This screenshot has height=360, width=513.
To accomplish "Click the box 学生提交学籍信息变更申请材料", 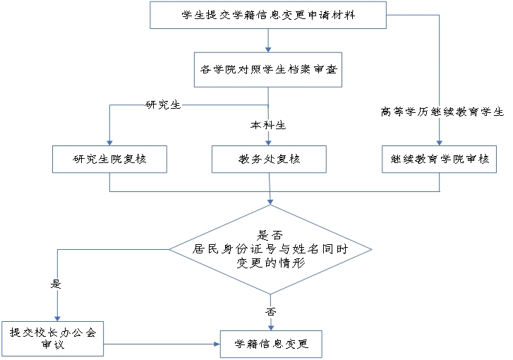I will (269, 15).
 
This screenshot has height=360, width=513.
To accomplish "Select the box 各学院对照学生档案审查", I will (269, 70).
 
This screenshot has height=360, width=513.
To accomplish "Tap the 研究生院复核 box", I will (109, 159).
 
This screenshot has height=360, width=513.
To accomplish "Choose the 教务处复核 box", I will (269, 159).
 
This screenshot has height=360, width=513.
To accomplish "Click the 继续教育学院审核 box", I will (439, 159).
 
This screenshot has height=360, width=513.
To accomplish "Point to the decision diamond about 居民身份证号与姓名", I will (270, 249).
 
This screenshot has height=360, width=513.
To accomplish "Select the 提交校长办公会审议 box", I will (53, 337).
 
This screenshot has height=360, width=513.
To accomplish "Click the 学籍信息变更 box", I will (272, 344).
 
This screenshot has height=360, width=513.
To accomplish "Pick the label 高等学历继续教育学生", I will (442, 111).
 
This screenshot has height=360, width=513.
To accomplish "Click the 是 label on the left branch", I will (56, 284).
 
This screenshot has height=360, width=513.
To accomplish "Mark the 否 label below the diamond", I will (271, 311).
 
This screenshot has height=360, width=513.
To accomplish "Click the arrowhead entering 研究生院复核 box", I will (109, 141).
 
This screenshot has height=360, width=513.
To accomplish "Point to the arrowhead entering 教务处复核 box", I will (269, 141).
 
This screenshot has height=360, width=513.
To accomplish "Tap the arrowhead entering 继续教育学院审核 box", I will (439, 141).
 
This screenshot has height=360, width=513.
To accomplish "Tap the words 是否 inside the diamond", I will (271, 235).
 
